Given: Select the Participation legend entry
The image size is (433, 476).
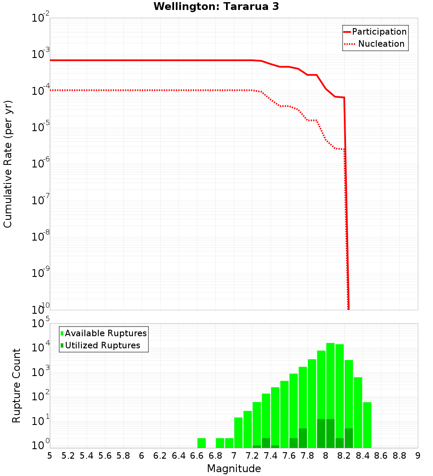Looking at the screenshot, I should click(379, 32).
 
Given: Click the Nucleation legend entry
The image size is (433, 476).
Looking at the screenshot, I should click(381, 44).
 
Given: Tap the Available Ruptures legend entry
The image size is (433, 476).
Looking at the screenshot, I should click(106, 333).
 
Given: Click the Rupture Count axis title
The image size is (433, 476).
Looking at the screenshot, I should click(16, 386).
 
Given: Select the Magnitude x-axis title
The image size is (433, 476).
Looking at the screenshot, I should click(234, 468).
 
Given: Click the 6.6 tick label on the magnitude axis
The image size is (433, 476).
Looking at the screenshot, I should click(197, 456).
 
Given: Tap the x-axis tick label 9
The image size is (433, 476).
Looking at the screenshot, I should click(418, 456).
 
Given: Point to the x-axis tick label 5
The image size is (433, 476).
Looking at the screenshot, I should click(50, 456).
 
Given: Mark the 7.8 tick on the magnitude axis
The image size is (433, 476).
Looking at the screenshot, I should click(307, 456).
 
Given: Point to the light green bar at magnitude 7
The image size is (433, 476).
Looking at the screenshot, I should click(238, 433).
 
